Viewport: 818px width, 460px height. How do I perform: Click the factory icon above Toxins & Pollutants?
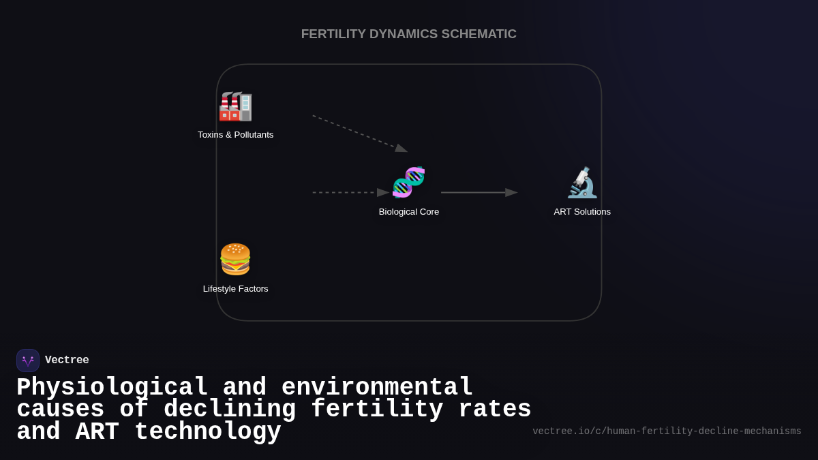(x=235, y=106)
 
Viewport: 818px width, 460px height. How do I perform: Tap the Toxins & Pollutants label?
(x=235, y=135)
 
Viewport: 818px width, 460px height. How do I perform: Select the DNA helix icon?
(x=408, y=183)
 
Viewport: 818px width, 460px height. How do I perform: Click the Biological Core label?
(x=408, y=212)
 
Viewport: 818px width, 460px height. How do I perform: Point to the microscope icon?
(x=582, y=183)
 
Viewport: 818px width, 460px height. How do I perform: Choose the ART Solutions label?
(x=582, y=212)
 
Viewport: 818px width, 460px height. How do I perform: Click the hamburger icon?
(x=235, y=259)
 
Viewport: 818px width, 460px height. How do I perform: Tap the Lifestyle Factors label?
(x=235, y=289)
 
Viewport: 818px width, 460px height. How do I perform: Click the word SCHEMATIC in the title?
(x=479, y=34)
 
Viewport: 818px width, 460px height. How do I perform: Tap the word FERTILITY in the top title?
(x=333, y=34)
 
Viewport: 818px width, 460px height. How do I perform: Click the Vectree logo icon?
(x=28, y=361)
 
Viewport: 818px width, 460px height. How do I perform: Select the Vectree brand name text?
(x=67, y=361)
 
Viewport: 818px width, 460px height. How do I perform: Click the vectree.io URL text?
(x=667, y=431)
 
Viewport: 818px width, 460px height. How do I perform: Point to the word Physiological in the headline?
(x=112, y=388)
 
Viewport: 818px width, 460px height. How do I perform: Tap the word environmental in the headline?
(x=377, y=388)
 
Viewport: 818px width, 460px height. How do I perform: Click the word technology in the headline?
(x=208, y=432)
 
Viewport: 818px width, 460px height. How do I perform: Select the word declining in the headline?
(x=230, y=410)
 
